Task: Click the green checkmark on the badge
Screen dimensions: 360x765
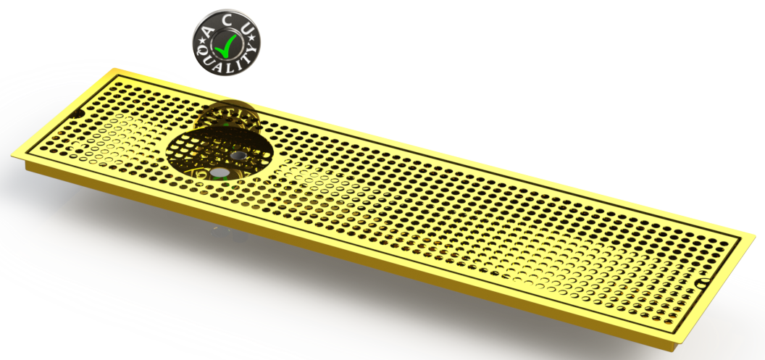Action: coord(227,46)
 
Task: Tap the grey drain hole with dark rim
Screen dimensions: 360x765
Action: coord(238,156)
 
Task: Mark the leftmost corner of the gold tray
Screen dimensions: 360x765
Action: coord(11,154)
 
